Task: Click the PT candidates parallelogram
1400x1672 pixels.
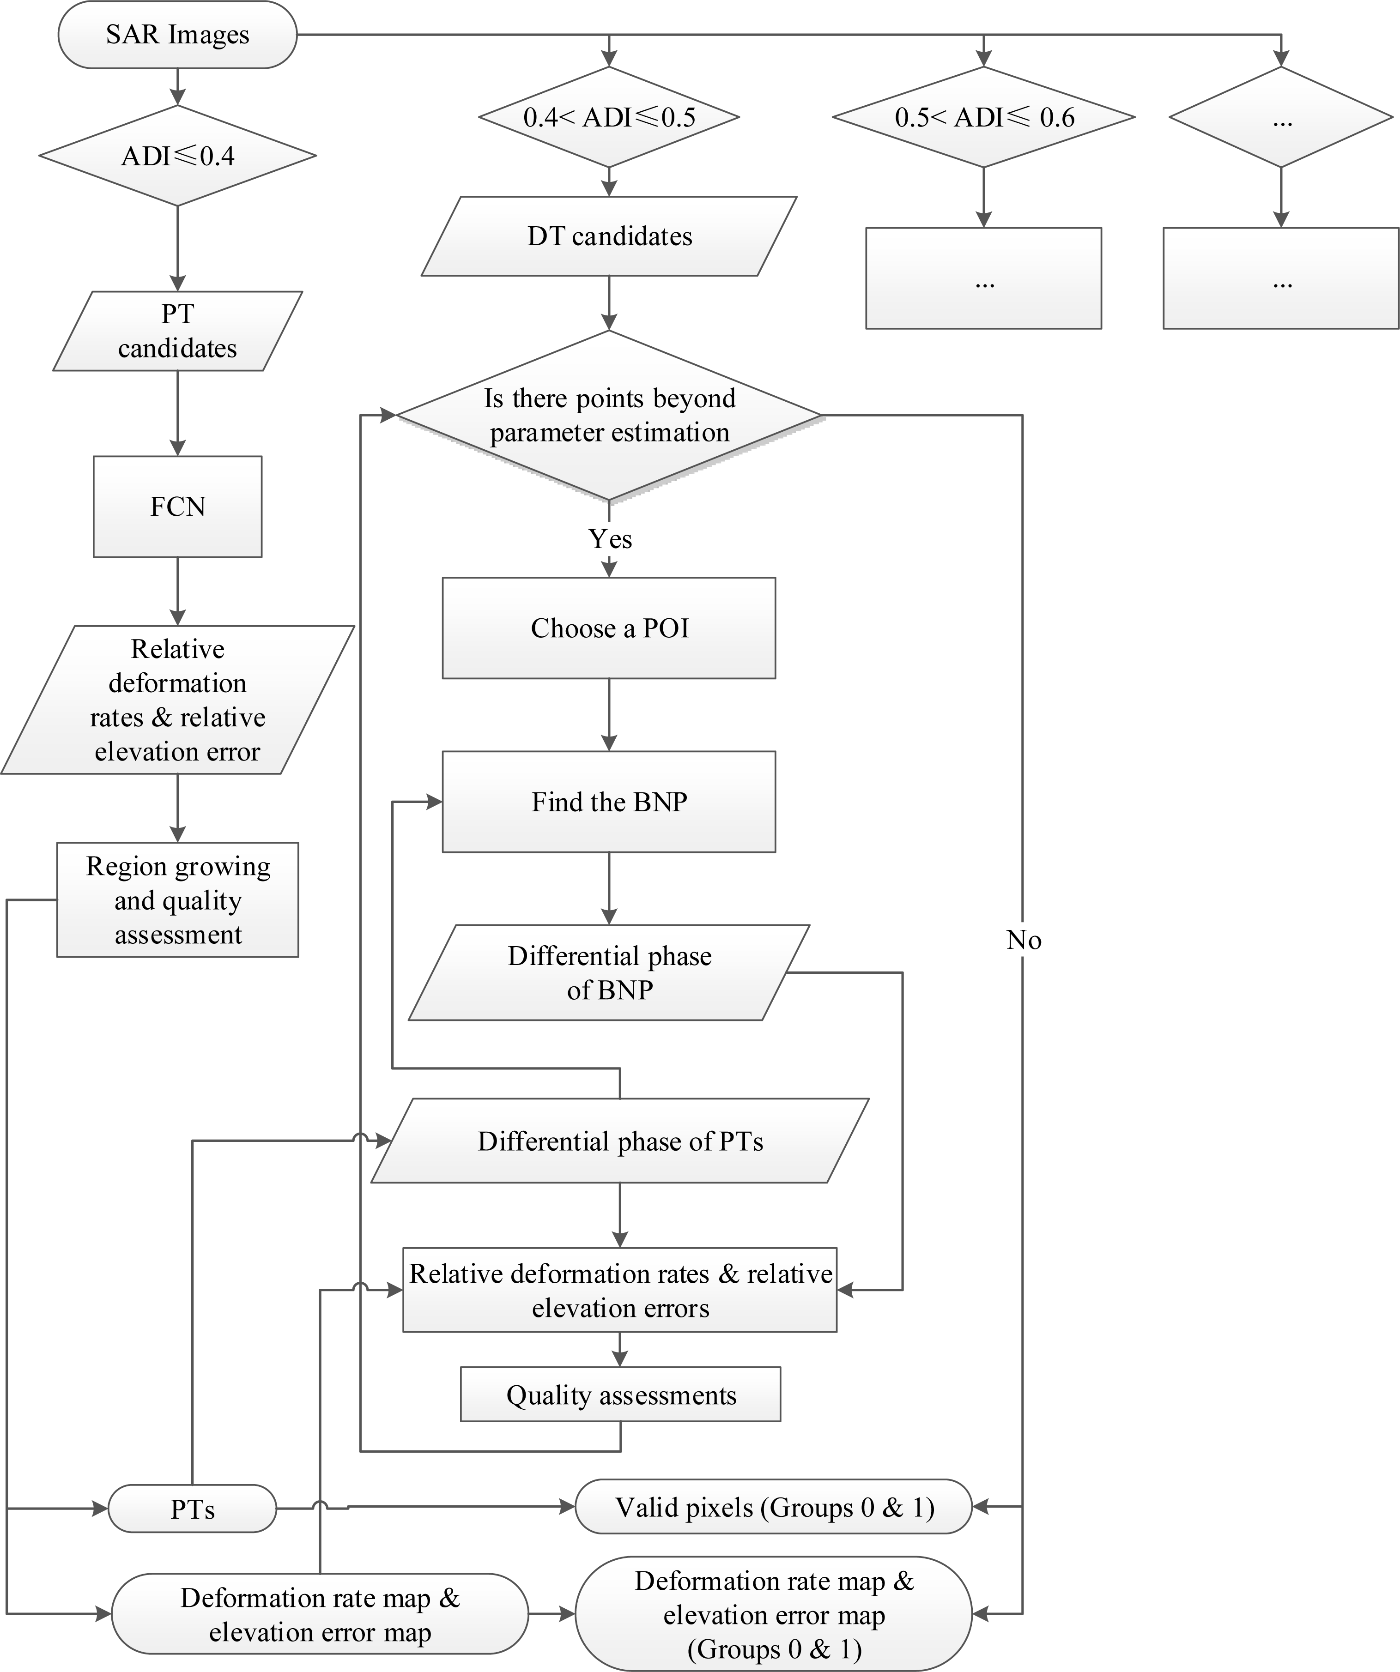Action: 177,331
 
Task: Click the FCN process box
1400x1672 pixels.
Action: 177,507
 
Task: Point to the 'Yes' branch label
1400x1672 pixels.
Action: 610,539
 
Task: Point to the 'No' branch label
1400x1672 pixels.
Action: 1023,940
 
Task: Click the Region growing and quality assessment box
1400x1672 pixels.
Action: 177,899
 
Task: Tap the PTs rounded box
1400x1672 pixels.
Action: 192,1509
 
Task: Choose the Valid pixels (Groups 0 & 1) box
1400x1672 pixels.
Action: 773,1507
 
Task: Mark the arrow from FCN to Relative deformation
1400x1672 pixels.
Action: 177,591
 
